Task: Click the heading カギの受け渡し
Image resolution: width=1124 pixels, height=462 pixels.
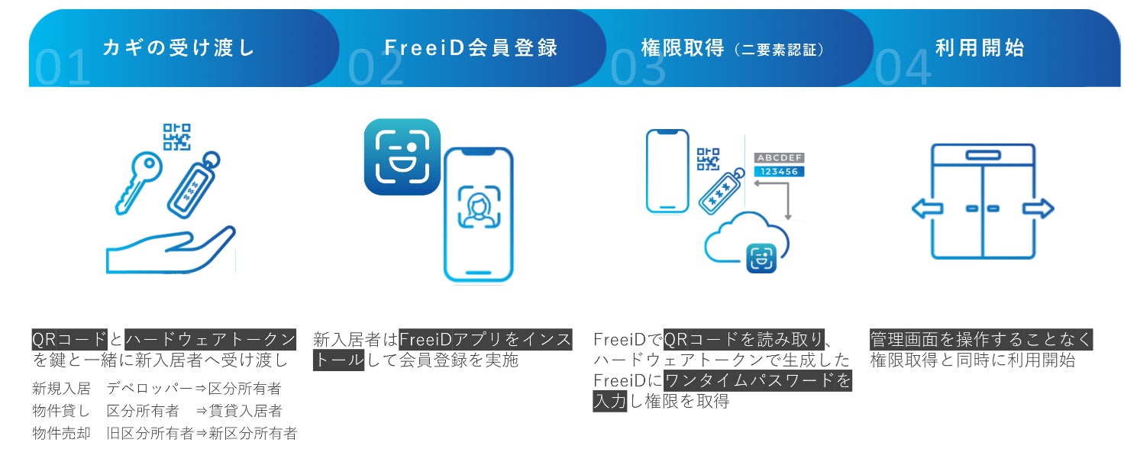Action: coord(179,47)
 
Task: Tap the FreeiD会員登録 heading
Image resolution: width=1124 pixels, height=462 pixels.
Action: coord(470,47)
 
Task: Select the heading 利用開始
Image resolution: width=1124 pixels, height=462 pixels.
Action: coord(980,47)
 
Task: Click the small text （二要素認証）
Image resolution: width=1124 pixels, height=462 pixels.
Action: coord(780,50)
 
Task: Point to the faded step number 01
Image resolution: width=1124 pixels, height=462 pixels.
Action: coord(63,68)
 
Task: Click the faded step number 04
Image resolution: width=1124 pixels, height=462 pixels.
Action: coord(903,68)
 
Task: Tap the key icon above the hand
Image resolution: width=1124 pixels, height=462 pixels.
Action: coord(138,183)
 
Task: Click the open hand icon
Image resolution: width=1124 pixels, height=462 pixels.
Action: coord(170,250)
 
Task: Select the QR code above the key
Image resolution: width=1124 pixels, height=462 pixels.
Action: coord(176,137)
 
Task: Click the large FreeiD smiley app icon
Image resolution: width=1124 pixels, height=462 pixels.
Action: coord(402,157)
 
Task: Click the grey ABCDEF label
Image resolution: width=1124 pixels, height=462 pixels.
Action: coord(779,157)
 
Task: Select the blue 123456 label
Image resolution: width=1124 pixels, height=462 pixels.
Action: coord(779,172)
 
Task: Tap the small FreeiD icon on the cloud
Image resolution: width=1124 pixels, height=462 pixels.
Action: coord(761,258)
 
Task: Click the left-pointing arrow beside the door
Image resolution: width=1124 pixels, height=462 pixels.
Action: coord(927,208)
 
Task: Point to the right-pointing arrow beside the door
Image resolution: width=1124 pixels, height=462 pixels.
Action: coord(1038,208)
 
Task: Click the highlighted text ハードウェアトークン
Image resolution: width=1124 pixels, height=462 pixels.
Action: coord(210,340)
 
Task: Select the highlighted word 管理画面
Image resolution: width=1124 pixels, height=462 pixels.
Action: coord(904,340)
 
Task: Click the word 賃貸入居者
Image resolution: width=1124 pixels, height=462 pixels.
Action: coord(245,411)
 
